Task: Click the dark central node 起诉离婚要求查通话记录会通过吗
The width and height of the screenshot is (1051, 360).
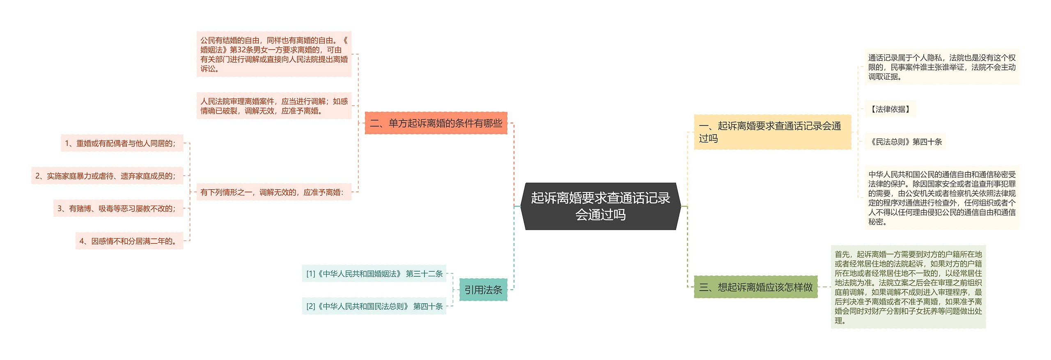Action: [600, 206]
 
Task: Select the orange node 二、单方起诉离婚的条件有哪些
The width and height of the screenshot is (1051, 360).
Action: [436, 123]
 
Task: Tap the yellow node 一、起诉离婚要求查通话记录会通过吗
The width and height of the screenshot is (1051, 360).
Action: [772, 132]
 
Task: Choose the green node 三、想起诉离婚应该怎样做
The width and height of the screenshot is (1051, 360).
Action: [755, 287]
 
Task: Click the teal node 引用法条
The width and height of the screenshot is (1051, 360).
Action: [483, 290]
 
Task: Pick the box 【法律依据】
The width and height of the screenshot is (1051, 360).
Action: [890, 109]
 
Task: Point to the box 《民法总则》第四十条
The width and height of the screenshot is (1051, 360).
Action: [905, 142]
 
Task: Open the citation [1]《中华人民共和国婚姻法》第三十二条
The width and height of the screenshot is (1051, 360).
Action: [374, 274]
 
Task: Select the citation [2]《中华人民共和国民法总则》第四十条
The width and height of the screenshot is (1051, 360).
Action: [374, 306]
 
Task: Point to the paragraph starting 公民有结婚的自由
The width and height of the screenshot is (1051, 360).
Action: [274, 54]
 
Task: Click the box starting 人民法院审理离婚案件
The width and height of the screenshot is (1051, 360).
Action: [274, 106]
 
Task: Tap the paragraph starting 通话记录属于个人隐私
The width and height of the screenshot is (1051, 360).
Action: [942, 67]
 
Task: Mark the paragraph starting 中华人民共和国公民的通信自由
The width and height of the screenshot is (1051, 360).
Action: [942, 198]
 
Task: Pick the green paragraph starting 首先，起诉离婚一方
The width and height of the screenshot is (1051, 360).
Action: [908, 287]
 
